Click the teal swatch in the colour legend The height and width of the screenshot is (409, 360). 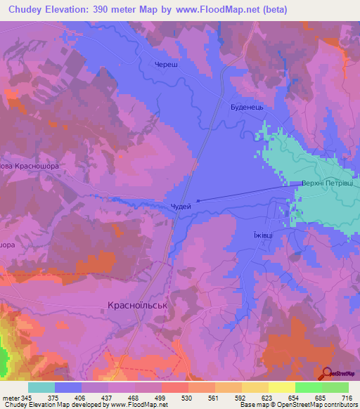point(41,387)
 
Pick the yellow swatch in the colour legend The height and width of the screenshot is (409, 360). point(281,387)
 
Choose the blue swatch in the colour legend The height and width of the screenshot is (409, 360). point(68,387)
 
